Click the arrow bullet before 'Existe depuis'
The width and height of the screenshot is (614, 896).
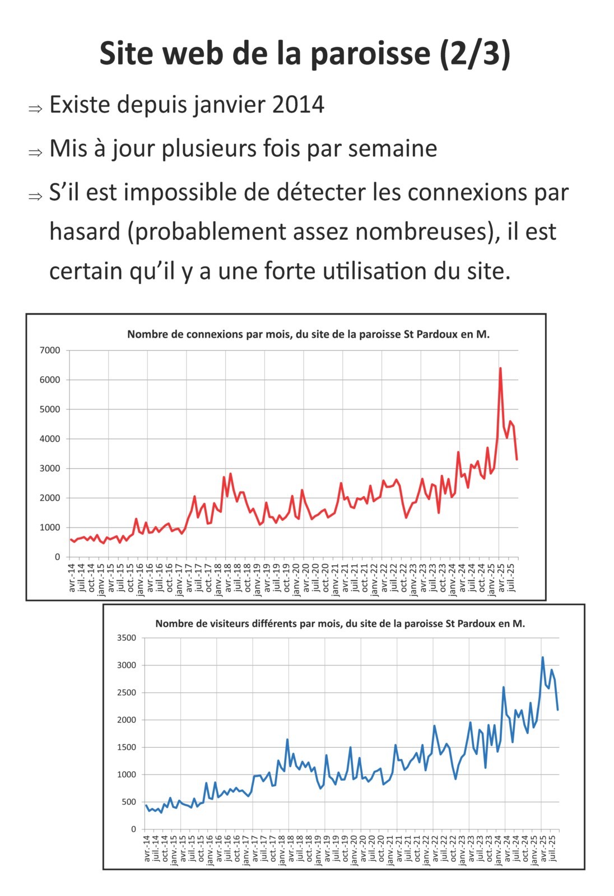coord(35,108)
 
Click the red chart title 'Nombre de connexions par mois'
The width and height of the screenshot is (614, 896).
coord(308,334)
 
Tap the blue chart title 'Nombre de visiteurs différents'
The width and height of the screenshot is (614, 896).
coord(340,623)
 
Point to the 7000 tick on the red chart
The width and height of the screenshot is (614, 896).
coord(50,351)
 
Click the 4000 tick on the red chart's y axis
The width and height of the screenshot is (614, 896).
coord(50,439)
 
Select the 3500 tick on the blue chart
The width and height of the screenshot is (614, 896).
coord(126,638)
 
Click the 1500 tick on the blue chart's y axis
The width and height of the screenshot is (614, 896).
coord(126,747)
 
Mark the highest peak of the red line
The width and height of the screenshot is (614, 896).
coord(500,368)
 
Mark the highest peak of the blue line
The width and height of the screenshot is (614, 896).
coord(542,657)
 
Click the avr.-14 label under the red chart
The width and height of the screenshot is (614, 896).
coord(72,577)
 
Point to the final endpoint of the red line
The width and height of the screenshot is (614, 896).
coord(517,460)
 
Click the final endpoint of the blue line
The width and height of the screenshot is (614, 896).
coord(558,710)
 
